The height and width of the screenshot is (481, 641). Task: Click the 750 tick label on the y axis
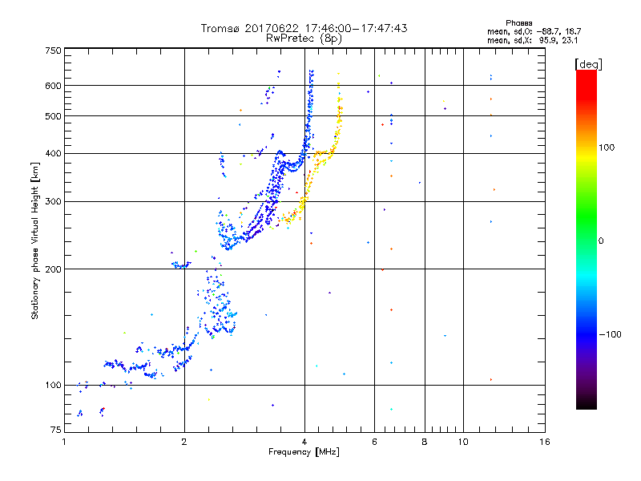(x=53, y=51)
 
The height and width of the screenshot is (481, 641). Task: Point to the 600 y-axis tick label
(x=53, y=86)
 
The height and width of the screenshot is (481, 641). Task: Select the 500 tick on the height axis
(x=53, y=116)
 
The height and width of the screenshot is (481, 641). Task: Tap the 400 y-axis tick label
(x=53, y=153)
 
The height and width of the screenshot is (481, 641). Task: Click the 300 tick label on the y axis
(x=53, y=201)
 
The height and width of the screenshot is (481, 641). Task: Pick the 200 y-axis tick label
(x=53, y=269)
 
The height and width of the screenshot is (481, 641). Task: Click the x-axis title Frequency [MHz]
(x=304, y=453)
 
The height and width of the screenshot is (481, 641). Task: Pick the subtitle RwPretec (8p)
(x=304, y=38)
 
